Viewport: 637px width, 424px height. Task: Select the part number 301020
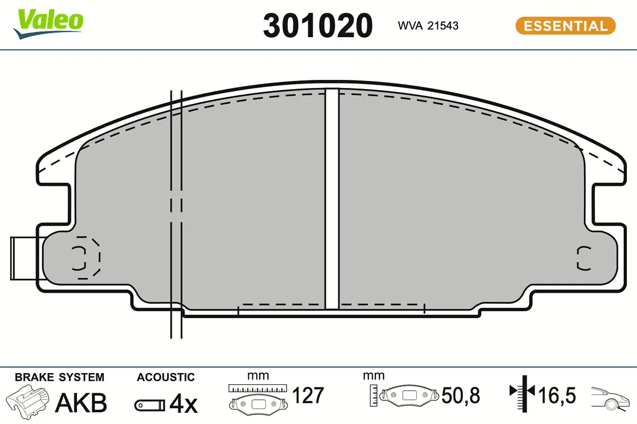(317, 26)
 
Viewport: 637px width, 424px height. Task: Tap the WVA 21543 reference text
(428, 26)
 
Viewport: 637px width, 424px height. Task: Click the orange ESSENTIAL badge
(565, 26)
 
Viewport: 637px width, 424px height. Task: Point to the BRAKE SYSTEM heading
(59, 377)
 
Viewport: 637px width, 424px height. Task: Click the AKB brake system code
(81, 403)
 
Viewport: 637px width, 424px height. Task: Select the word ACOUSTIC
(166, 377)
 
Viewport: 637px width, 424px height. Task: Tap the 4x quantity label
(184, 403)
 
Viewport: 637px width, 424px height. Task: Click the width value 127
(308, 395)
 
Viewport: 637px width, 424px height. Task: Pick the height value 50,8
(461, 395)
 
